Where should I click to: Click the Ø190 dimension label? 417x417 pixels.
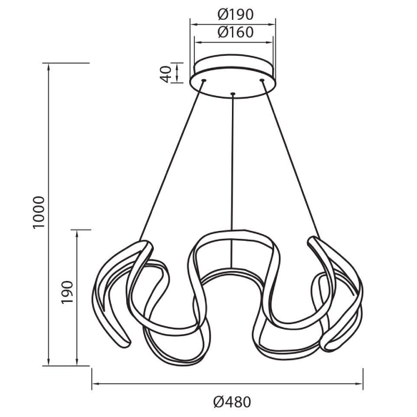click(236, 15)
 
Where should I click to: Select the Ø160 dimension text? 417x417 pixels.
click(236, 32)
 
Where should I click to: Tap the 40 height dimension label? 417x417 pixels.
click(165, 74)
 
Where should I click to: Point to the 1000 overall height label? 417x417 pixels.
click(38, 212)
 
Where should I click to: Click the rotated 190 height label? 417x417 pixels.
click(67, 292)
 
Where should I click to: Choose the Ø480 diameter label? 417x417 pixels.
click(232, 402)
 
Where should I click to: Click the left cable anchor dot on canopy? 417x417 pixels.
click(204, 80)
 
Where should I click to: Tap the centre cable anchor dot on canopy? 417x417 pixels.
click(233, 94)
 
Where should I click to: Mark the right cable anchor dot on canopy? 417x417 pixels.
click(262, 80)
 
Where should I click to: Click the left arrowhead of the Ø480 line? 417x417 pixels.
click(95, 384)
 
